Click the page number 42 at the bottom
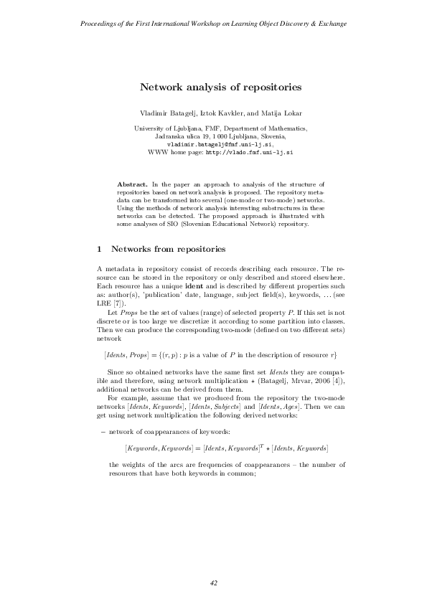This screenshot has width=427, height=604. (213, 582)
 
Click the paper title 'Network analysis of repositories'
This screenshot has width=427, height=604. (220, 87)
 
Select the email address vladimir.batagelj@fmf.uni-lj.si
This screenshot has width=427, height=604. (220, 144)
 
